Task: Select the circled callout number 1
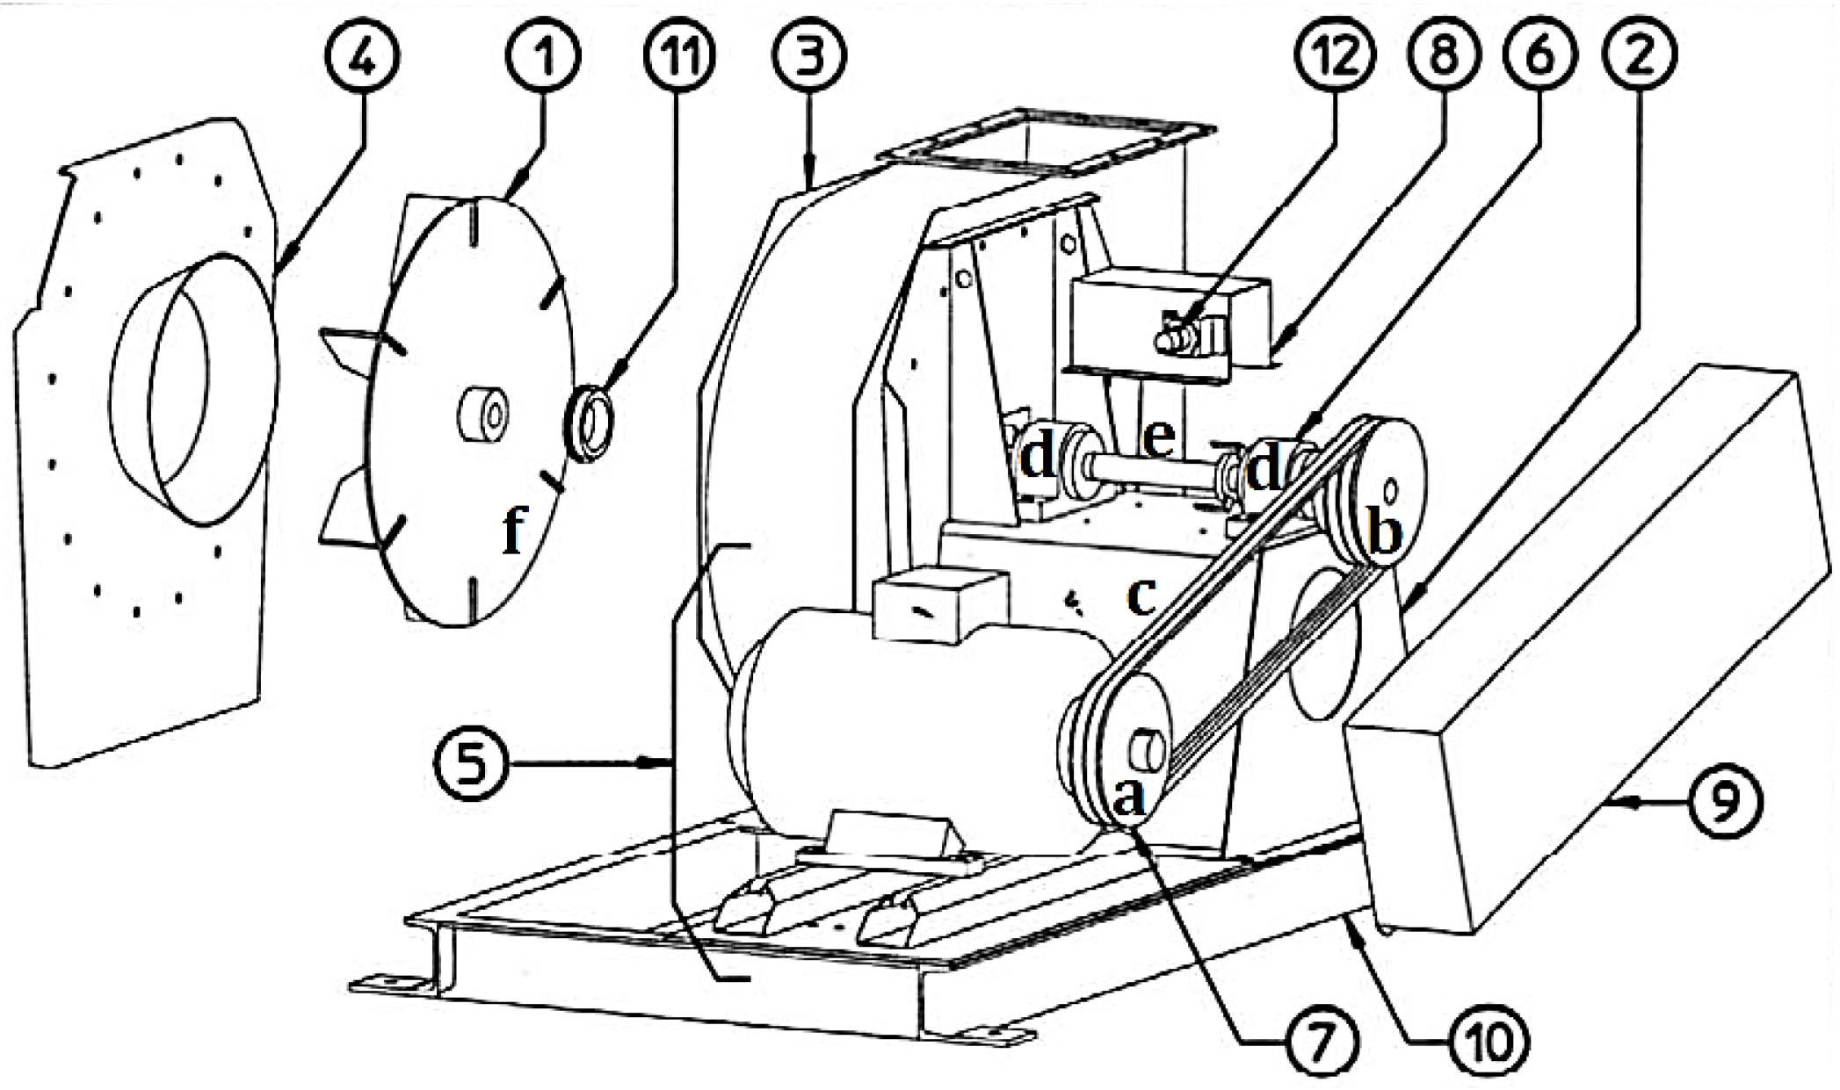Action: [x=543, y=54]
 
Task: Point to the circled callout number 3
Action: [x=809, y=54]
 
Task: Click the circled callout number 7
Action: [x=1322, y=1042]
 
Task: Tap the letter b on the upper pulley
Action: [x=1386, y=533]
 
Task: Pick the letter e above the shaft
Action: [x=1160, y=437]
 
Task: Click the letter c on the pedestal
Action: [x=1141, y=597]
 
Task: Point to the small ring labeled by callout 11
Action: [x=588, y=424]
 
